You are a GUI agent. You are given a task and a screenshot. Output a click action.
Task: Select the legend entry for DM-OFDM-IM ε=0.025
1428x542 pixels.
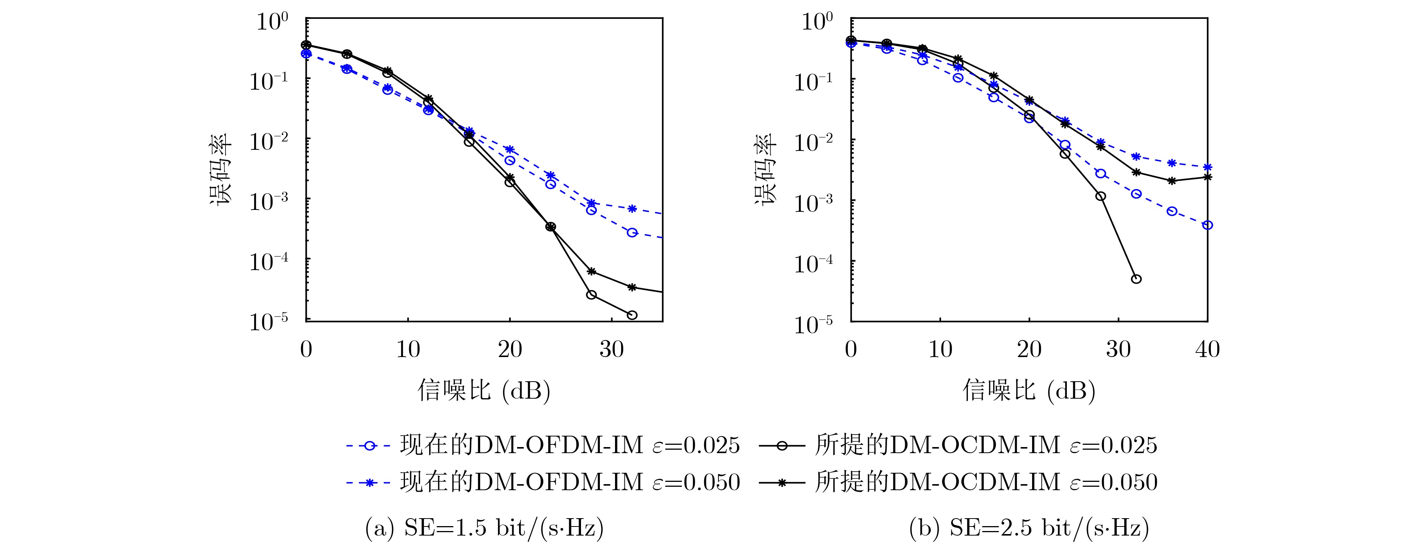coord(542,446)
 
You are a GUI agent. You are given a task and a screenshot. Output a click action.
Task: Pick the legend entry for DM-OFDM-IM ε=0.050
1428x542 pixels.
coord(542,483)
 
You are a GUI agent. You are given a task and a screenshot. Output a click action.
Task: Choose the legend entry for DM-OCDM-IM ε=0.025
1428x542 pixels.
coord(958,446)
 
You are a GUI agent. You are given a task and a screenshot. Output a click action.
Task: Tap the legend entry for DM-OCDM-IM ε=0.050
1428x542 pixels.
coord(958,483)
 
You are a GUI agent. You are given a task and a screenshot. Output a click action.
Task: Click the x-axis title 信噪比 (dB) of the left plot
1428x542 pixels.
coord(484,391)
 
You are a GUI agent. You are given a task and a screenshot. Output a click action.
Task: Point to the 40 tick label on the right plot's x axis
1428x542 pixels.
coord(1207,349)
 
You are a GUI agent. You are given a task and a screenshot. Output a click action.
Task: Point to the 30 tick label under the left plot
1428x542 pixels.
coord(612,349)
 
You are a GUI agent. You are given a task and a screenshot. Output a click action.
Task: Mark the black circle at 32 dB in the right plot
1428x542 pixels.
coord(1136,279)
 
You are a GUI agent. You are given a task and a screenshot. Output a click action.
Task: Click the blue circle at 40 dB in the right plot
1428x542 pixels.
coord(1207,225)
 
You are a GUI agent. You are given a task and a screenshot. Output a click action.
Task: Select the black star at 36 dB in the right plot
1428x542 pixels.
coord(1172,181)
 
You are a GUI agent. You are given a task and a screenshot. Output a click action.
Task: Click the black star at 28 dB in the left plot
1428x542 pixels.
coord(592,271)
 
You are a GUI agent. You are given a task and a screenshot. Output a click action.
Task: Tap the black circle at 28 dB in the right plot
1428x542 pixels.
coord(1101,196)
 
